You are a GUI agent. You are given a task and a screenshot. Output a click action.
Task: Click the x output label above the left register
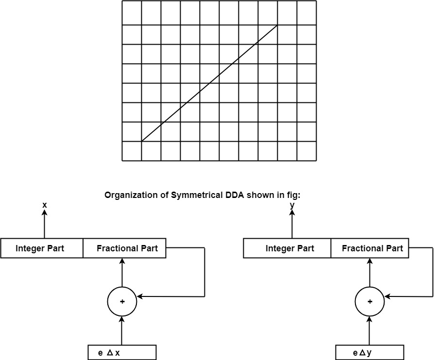point(45,205)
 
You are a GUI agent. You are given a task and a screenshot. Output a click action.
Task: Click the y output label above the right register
point(292,205)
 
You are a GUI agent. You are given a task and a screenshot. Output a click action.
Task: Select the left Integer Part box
point(42,248)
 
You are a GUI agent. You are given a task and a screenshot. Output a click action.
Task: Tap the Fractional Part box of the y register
point(372,248)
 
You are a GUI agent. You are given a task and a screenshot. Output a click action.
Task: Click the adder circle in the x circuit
point(122,301)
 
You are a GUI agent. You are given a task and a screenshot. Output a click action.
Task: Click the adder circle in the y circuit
point(370,301)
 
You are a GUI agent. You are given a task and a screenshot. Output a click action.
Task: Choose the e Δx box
point(122,353)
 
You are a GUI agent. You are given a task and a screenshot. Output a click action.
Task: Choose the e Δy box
point(370,353)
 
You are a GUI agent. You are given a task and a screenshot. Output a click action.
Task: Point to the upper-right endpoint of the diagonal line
point(277,25)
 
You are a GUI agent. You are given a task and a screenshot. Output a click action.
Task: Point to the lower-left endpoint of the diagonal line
point(141,141)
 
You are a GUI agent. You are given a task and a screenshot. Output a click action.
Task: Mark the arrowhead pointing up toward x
point(45,214)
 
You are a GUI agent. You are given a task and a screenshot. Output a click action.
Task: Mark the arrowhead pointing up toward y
point(292,214)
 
